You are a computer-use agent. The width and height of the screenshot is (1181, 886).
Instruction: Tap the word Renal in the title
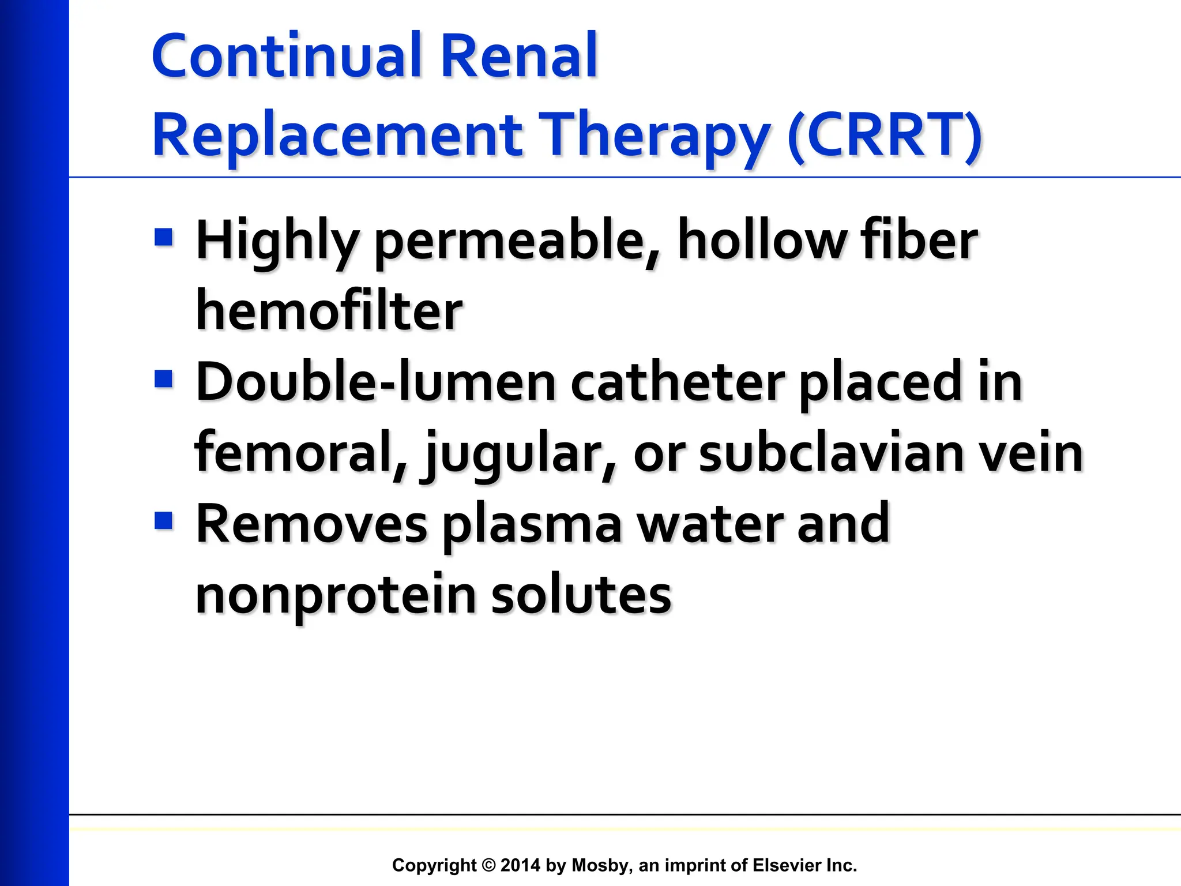point(518,56)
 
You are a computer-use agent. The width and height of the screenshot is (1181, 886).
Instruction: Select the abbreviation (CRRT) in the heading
point(885,136)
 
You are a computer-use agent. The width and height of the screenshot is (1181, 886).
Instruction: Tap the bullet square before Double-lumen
point(164,380)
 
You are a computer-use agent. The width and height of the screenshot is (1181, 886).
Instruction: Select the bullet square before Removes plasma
point(164,521)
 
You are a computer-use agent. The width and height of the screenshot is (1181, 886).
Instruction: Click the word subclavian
point(831,453)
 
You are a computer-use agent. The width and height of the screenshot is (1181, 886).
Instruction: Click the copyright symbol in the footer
point(488,865)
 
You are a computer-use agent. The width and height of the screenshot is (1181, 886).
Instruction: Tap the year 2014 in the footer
point(520,865)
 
